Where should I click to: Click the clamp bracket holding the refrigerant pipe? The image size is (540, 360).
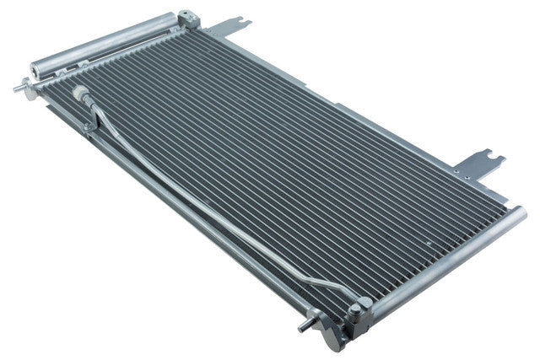(88, 126)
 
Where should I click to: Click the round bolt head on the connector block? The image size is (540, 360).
(354, 309)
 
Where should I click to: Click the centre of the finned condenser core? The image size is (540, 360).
(278, 169)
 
